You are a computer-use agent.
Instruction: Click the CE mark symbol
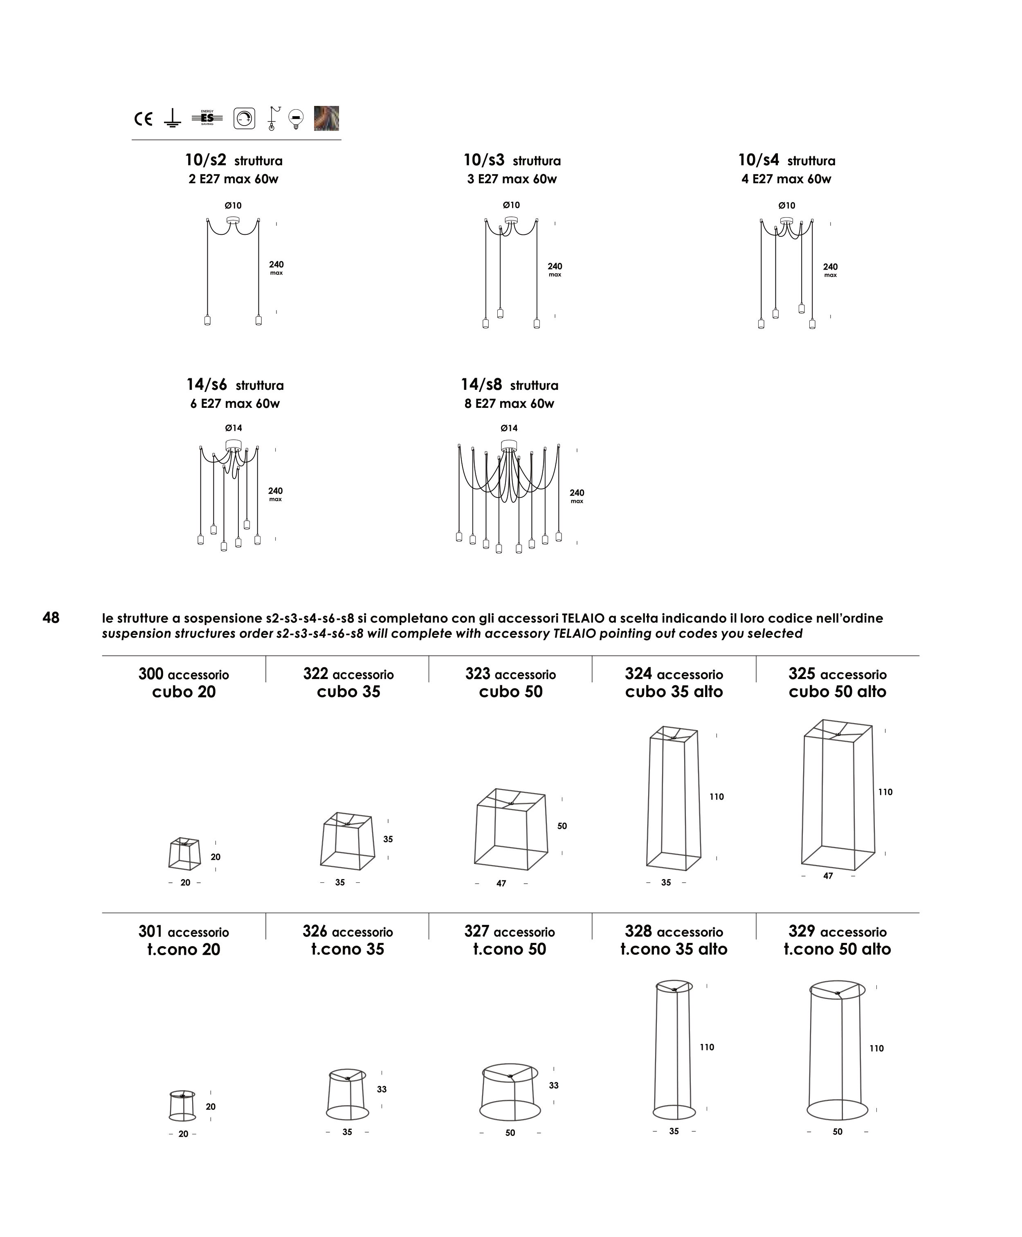click(143, 119)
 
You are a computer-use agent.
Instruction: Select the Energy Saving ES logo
click(207, 118)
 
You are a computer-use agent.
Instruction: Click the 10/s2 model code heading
click(205, 160)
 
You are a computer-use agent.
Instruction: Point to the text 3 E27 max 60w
click(512, 179)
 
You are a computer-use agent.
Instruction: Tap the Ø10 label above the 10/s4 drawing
click(786, 205)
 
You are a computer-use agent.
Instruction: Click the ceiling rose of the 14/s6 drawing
click(234, 445)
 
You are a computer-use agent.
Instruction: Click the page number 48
click(51, 618)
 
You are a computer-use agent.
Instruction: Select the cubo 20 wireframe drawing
click(184, 854)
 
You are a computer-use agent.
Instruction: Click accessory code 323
click(477, 674)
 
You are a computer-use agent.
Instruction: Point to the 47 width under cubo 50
click(501, 883)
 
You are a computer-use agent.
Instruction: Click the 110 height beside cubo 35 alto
click(717, 796)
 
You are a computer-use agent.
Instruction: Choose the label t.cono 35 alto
click(674, 949)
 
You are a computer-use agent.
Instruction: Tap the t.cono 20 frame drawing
click(182, 1105)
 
